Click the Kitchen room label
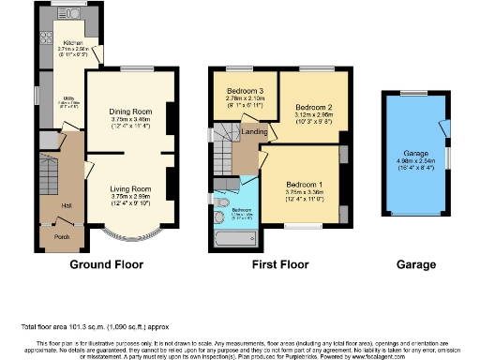point(74,43)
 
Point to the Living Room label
point(129,187)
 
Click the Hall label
point(67,205)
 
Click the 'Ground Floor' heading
point(106,265)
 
